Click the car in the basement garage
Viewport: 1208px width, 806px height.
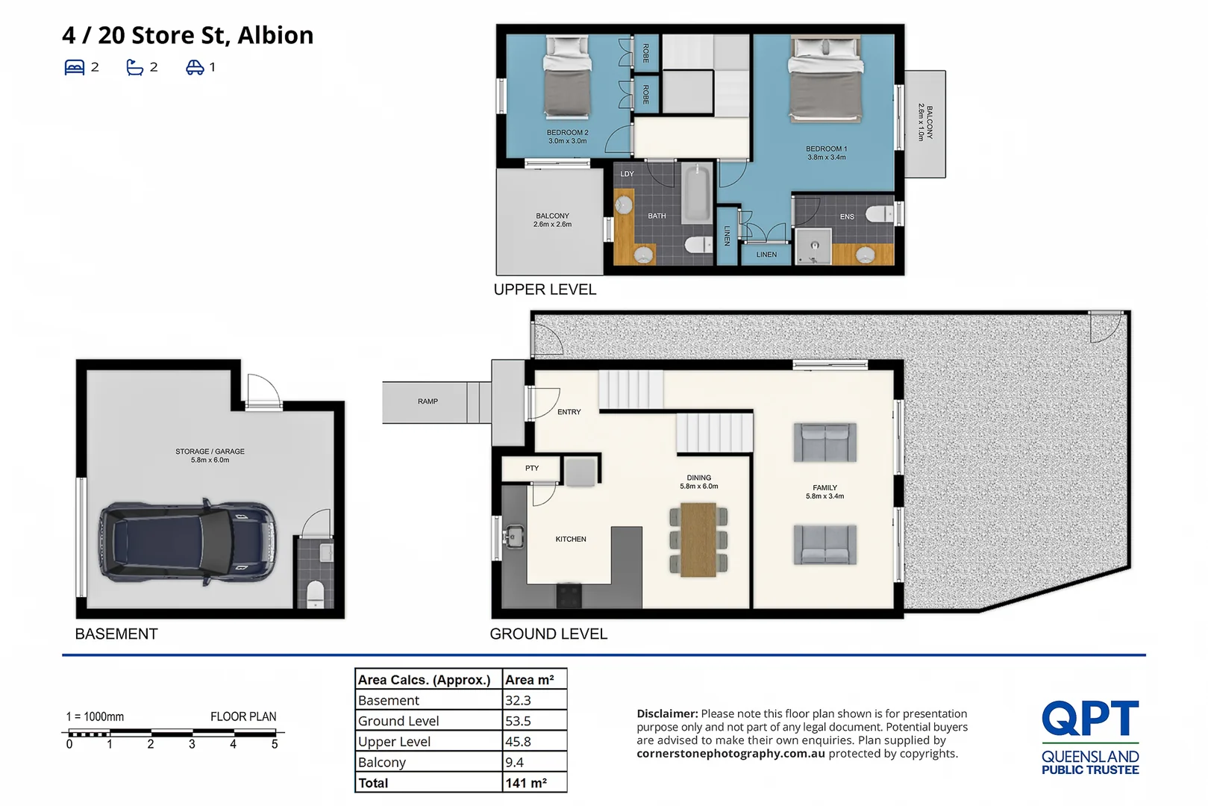click(x=187, y=541)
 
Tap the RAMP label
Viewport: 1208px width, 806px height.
click(x=427, y=402)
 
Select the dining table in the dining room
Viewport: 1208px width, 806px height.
click(x=698, y=540)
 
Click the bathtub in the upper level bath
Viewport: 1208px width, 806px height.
click(x=698, y=194)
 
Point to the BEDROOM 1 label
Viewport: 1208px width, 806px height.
click(x=826, y=149)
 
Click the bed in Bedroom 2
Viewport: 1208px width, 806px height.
click(x=567, y=76)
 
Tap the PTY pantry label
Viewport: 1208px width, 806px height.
click(x=532, y=468)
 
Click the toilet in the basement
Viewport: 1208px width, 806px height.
click(x=315, y=594)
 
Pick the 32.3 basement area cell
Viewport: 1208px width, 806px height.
click(x=518, y=700)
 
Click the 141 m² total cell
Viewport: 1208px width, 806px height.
click(x=526, y=783)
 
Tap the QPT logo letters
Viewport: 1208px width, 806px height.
click(x=1090, y=718)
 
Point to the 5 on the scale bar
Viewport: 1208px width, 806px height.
click(x=275, y=745)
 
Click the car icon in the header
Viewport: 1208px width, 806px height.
click(x=195, y=67)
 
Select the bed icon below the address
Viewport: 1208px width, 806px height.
click(x=75, y=67)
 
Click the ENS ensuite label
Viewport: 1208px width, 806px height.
click(x=847, y=217)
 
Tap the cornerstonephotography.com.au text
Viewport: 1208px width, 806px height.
click(x=730, y=754)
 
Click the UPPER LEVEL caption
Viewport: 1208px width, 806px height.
click(x=545, y=290)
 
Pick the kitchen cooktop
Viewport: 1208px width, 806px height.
click(x=569, y=596)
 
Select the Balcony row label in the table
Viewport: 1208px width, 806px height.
click(x=381, y=762)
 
